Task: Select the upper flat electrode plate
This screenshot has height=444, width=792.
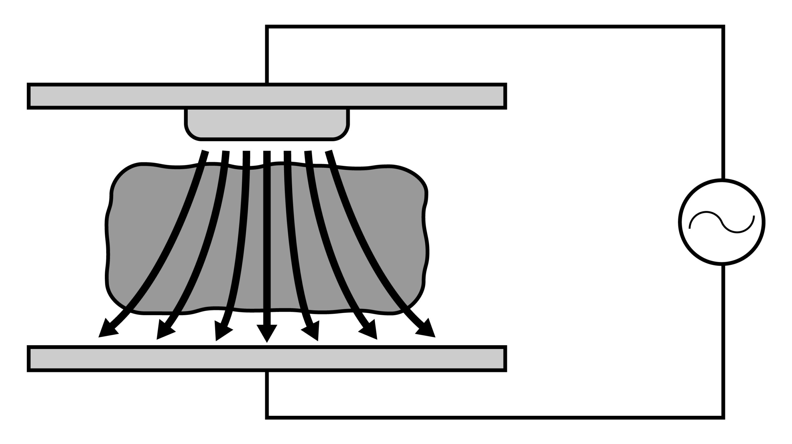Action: click(267, 96)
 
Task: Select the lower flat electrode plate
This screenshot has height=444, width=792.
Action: click(267, 358)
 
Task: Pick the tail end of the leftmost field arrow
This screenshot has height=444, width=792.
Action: click(205, 152)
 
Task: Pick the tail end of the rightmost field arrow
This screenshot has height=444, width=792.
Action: click(329, 152)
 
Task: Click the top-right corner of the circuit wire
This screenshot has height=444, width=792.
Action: click(723, 27)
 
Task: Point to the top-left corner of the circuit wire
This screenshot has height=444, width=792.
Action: click(267, 27)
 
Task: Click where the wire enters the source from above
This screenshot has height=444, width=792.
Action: click(723, 179)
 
